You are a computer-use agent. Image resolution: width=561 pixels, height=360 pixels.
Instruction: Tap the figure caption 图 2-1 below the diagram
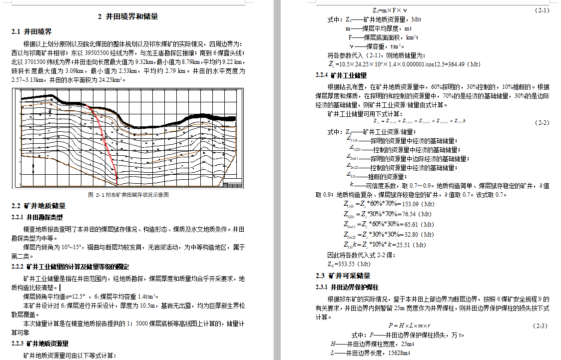(128, 195)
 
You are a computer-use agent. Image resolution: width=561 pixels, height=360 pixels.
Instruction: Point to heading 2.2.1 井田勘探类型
(37, 217)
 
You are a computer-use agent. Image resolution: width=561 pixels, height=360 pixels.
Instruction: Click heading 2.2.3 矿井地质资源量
(40, 344)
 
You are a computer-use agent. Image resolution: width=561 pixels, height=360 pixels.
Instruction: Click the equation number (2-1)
(542, 10)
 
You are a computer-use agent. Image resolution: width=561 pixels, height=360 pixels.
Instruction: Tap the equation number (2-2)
(542, 122)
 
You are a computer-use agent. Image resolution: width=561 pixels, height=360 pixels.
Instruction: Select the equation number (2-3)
(541, 326)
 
